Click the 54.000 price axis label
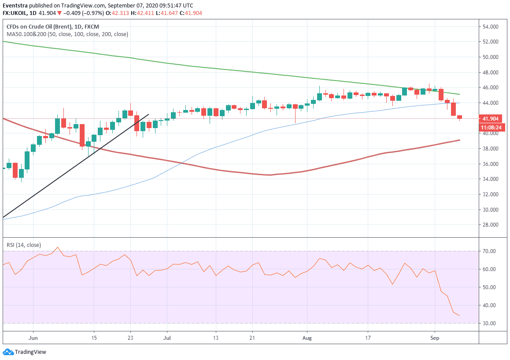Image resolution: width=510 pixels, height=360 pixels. point(491,27)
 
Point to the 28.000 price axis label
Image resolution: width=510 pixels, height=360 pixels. point(491,225)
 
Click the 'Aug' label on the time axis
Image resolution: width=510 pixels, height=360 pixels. point(307,338)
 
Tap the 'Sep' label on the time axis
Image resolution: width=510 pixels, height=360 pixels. point(435,338)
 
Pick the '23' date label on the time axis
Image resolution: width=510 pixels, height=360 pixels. point(130,338)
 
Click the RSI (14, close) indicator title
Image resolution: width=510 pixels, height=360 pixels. point(23,245)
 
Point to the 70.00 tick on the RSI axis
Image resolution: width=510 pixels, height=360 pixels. point(489,251)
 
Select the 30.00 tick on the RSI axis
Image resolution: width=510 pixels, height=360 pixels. point(489,323)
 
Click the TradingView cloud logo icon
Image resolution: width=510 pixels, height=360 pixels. point(8,352)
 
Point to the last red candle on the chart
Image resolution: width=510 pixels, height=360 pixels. point(459,117)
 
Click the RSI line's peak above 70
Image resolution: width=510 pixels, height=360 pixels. point(58,247)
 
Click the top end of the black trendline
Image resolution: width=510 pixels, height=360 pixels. point(148,114)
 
